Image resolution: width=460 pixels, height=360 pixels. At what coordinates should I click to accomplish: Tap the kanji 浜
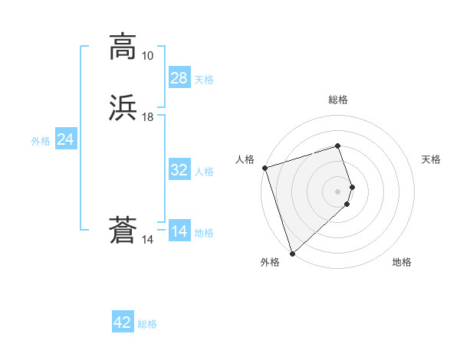(x=123, y=107)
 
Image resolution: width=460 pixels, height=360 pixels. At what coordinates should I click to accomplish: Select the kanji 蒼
(x=123, y=231)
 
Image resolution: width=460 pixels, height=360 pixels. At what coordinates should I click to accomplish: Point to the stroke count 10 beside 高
(x=147, y=56)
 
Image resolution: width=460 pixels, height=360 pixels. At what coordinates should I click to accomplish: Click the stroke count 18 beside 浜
(x=147, y=117)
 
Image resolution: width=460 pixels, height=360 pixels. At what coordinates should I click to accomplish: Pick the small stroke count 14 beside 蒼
(x=147, y=240)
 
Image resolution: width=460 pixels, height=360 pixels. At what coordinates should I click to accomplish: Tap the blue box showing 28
(x=179, y=77)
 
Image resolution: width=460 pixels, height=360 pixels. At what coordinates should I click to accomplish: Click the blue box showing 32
(x=179, y=170)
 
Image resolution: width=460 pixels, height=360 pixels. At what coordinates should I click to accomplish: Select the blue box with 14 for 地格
(x=179, y=231)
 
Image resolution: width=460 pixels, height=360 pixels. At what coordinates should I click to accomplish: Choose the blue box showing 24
(x=66, y=139)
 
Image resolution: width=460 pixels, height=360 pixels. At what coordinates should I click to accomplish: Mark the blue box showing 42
(x=123, y=322)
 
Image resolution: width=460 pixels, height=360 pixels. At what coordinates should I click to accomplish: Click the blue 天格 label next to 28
(x=204, y=80)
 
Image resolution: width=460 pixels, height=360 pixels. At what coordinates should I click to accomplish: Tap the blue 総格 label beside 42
(x=147, y=325)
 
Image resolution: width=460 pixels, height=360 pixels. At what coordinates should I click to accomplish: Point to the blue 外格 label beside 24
(x=41, y=141)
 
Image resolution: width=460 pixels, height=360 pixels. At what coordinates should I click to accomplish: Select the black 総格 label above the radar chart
(x=338, y=100)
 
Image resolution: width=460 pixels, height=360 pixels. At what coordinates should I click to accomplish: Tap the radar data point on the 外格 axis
(x=291, y=253)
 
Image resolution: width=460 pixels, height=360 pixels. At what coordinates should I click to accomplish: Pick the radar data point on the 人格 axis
(x=264, y=168)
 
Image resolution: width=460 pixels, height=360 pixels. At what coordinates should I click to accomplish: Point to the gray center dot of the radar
(x=338, y=191)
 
